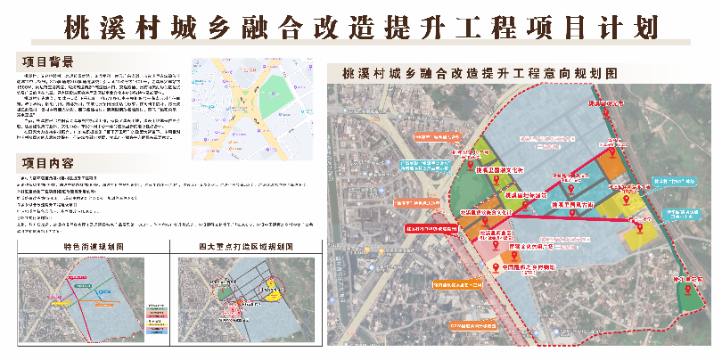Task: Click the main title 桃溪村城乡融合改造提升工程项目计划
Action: pos(360,27)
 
